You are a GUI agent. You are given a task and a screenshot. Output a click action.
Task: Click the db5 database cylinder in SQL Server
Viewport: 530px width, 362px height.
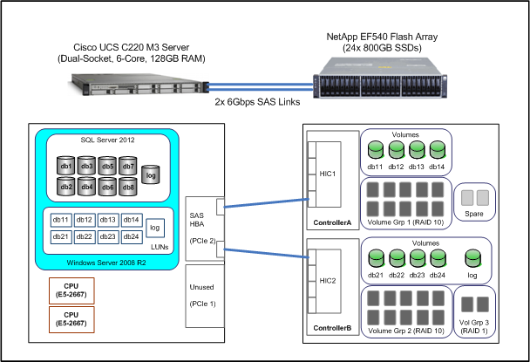click(106, 166)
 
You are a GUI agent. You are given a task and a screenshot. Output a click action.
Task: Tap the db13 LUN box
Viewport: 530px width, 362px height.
click(108, 221)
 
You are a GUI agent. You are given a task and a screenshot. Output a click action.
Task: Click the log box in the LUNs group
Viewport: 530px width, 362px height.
click(155, 229)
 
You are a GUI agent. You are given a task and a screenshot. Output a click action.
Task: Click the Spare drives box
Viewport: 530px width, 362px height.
click(473, 202)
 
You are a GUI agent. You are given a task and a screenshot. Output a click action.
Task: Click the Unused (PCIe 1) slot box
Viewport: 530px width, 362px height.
click(208, 293)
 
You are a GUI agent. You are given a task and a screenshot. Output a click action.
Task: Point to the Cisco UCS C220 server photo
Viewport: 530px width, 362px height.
click(145, 87)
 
